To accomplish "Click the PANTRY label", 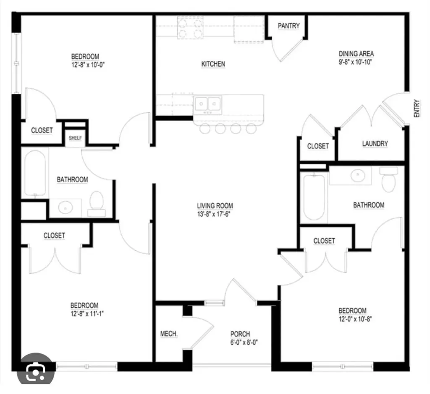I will coord(289,26).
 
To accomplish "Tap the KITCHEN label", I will coord(213,64).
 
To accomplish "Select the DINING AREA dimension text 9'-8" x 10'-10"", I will coord(356,62).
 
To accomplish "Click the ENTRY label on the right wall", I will coord(417,108).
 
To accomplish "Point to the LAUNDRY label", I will coord(375,144).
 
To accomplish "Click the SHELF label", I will coord(76,138).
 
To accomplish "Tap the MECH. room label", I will coord(169,334).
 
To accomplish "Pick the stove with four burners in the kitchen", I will coord(191,28).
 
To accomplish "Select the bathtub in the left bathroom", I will coord(35,173).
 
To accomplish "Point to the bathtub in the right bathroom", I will coord(314,197).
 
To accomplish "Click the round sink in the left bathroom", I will coord(65,207).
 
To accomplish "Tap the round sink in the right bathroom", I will coord(358,176).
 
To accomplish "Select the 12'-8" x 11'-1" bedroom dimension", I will coord(84,313).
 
